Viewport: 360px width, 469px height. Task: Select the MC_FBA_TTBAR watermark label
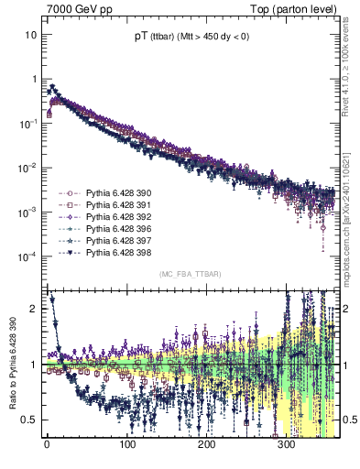(190, 274)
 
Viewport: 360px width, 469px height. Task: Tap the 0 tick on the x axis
(47, 444)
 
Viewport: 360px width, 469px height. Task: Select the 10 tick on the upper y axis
(31, 35)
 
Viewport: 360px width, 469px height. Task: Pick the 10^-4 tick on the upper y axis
(28, 256)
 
